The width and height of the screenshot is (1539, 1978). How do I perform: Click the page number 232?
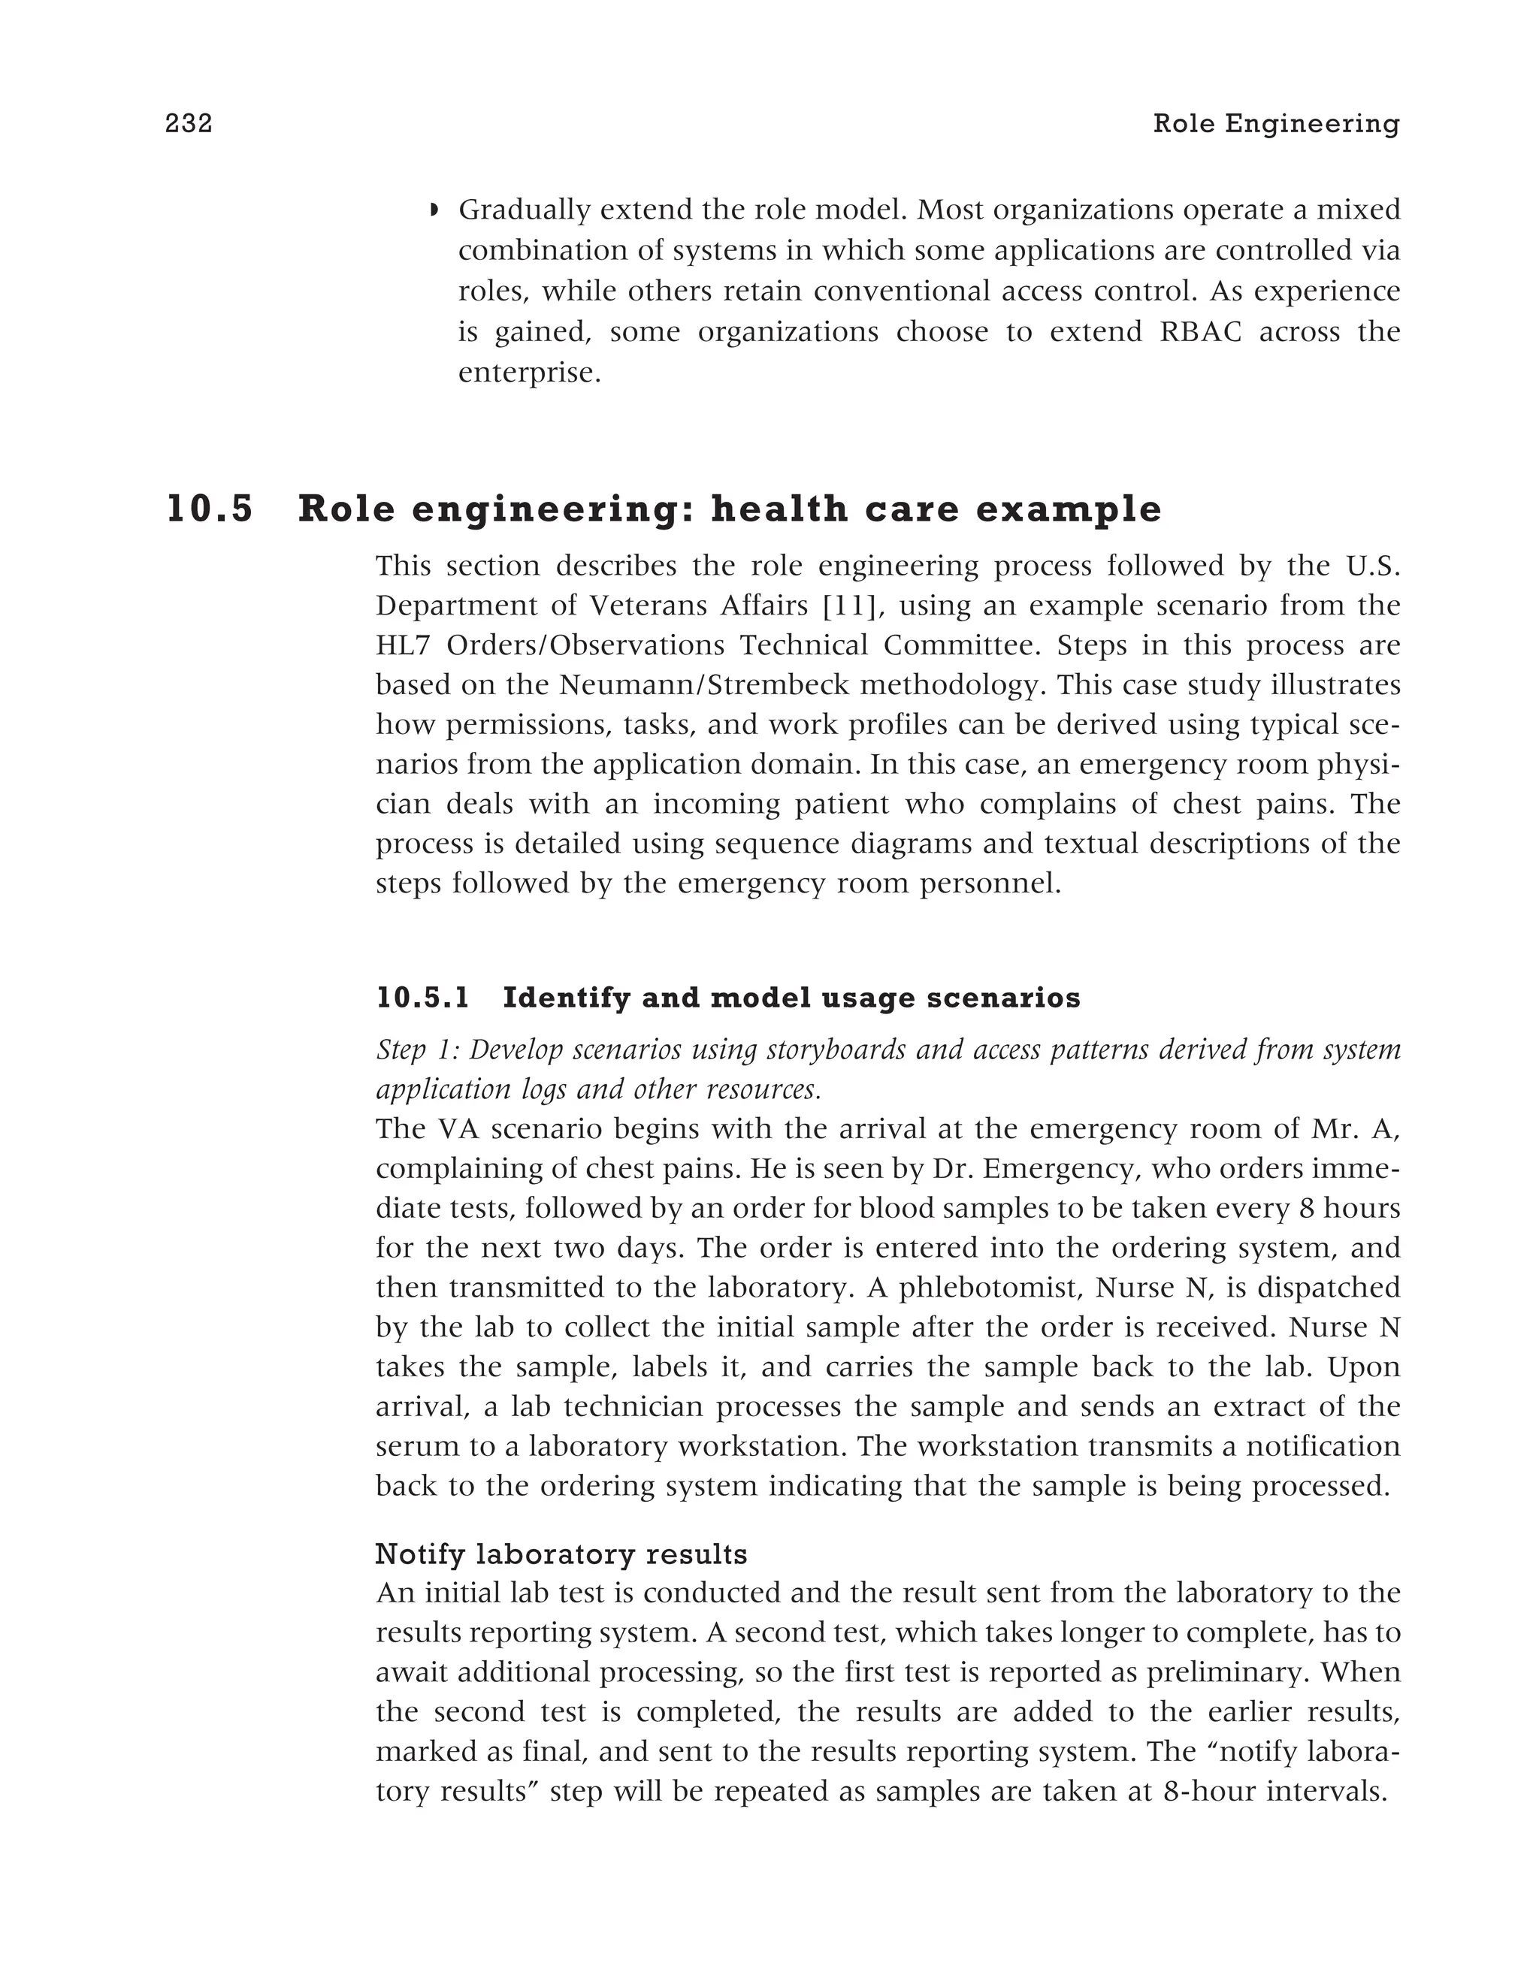point(189,123)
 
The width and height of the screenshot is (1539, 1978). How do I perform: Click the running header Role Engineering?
point(1275,123)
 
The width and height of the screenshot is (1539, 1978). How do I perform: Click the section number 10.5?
point(210,509)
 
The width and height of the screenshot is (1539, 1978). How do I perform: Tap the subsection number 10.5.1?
point(423,998)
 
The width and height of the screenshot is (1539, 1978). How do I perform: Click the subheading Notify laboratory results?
point(561,1554)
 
